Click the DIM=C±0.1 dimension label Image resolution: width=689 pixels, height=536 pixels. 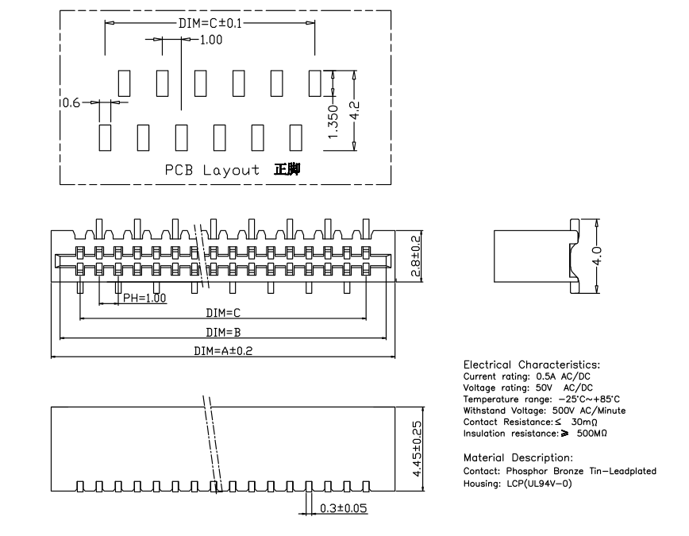210,23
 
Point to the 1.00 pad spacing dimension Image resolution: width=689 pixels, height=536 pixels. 210,40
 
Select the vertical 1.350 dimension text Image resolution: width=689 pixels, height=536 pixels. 333,122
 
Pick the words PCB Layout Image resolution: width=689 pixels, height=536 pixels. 212,170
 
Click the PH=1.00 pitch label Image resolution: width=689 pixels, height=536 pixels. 144,299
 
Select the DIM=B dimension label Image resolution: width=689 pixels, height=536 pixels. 223,332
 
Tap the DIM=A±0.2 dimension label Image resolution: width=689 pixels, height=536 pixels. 223,351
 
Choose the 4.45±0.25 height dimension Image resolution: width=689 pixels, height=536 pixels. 418,448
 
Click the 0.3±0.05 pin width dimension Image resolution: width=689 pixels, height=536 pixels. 343,508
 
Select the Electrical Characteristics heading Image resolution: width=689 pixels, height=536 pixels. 537,364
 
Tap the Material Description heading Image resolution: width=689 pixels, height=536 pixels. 518,458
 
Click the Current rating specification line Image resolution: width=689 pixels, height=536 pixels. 527,376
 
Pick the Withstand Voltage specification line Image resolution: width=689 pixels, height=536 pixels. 545,411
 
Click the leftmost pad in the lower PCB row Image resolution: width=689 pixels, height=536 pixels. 105,137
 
